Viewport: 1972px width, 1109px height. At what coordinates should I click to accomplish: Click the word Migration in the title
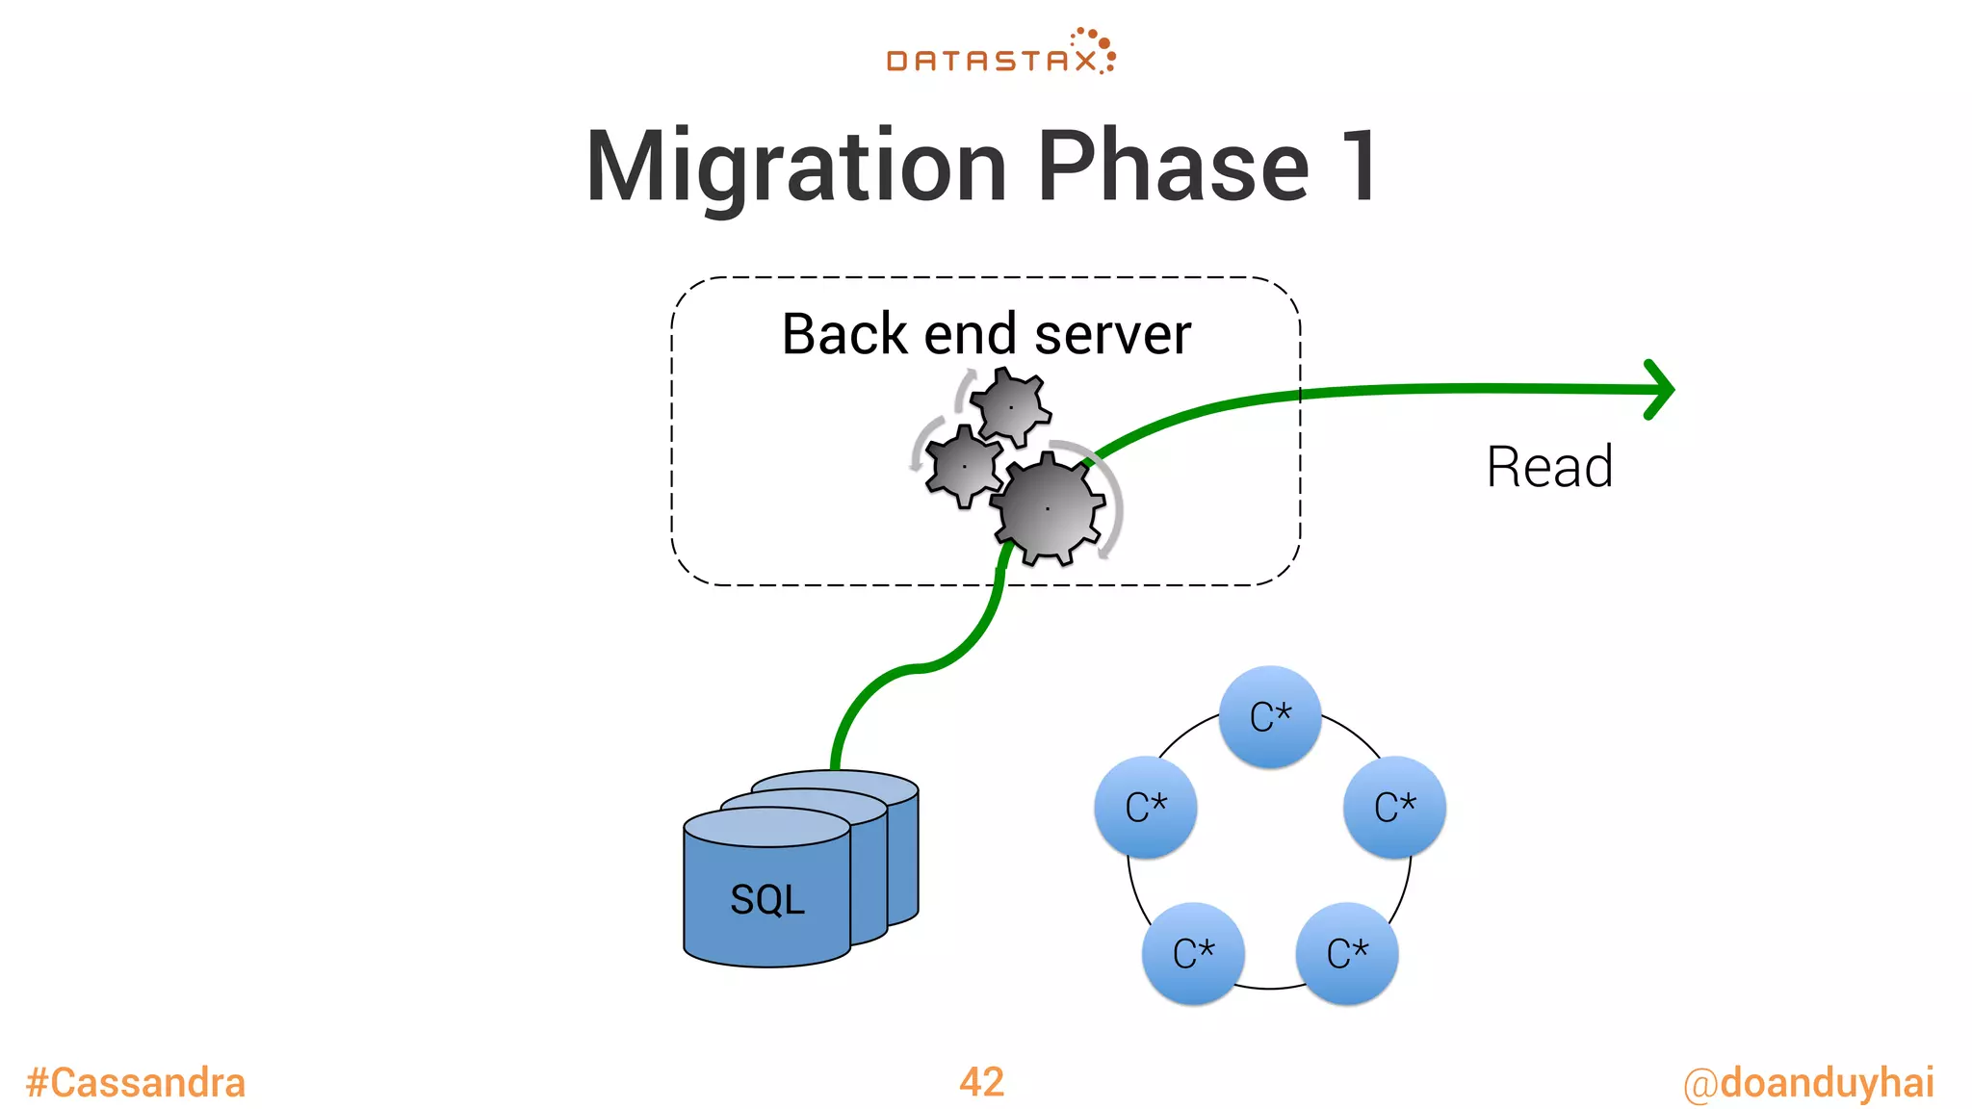pyautogui.click(x=795, y=168)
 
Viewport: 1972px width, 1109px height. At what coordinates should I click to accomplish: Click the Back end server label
pyautogui.click(x=985, y=334)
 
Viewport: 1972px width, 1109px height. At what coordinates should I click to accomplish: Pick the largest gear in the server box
pyautogui.click(x=1048, y=508)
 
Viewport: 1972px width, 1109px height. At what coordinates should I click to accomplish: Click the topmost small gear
pyautogui.click(x=1010, y=407)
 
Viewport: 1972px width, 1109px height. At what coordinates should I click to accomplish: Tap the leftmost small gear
pyautogui.click(x=963, y=467)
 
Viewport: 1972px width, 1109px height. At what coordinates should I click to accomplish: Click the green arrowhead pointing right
pyautogui.click(x=1660, y=390)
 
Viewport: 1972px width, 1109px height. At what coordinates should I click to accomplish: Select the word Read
pyautogui.click(x=1548, y=467)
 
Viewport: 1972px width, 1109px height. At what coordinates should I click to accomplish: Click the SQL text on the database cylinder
pyautogui.click(x=766, y=900)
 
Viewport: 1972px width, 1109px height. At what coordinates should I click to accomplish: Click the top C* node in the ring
pyautogui.click(x=1269, y=717)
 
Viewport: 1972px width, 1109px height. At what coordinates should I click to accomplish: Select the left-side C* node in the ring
pyautogui.click(x=1146, y=808)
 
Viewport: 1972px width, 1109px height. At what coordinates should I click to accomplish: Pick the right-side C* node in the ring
pyautogui.click(x=1394, y=808)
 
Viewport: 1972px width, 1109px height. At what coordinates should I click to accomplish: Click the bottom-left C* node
pyautogui.click(x=1193, y=954)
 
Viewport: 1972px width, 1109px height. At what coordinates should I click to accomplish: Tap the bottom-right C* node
pyautogui.click(x=1346, y=954)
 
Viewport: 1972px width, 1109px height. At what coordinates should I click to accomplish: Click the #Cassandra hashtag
pyautogui.click(x=136, y=1082)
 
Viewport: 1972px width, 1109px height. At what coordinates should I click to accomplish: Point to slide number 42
pyautogui.click(x=981, y=1082)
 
